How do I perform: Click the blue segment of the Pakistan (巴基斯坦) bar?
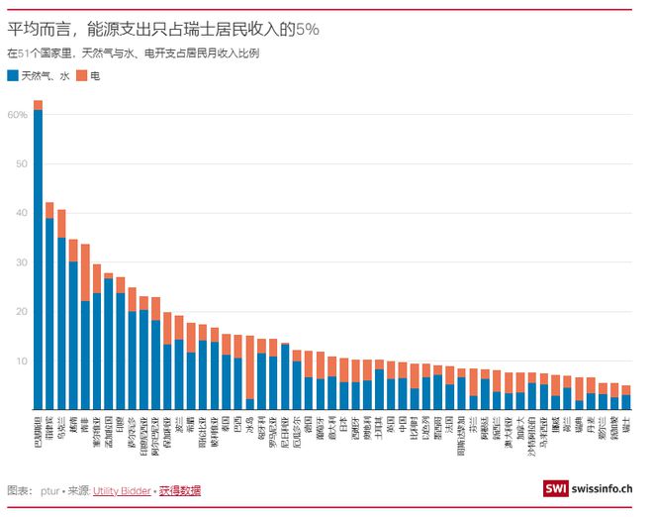[x=38, y=258]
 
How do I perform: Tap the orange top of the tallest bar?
[x=38, y=105]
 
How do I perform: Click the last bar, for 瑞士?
[x=625, y=402]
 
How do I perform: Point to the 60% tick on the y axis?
[x=18, y=115]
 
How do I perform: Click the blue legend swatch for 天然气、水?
[x=12, y=75]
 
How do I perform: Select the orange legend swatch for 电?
[x=84, y=75]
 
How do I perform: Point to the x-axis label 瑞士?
[x=625, y=426]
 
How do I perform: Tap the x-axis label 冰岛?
[x=249, y=426]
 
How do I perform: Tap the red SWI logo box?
[x=556, y=489]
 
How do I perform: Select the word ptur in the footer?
[x=50, y=490]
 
